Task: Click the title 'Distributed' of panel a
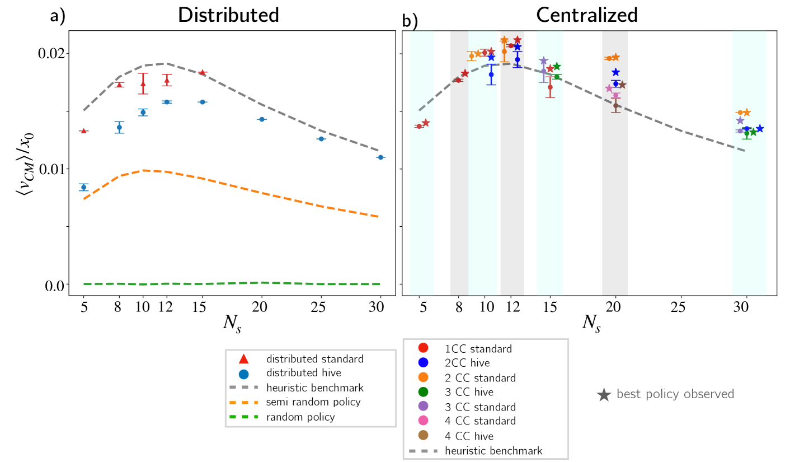coord(228,15)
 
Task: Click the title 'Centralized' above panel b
coord(586,15)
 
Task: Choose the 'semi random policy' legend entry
coord(313,402)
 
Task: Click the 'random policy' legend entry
coord(300,417)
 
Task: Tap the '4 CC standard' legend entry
coord(480,421)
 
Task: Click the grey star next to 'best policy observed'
coord(603,395)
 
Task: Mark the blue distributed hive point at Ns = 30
coord(380,157)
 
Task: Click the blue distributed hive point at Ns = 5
coord(84,187)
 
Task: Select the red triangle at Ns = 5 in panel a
coord(84,131)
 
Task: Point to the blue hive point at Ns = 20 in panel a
coord(262,119)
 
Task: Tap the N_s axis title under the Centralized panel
coord(591,323)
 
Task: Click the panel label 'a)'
coord(58,16)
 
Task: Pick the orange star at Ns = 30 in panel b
coord(746,113)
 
